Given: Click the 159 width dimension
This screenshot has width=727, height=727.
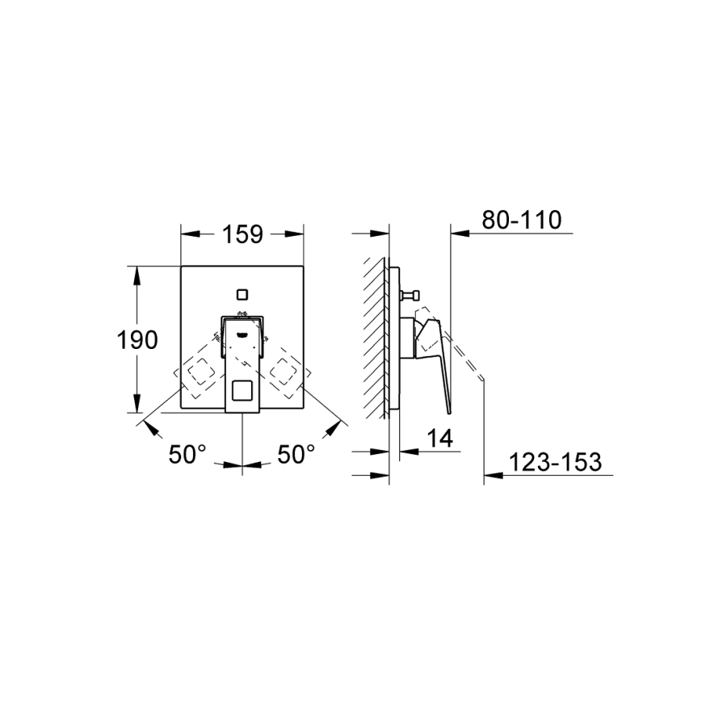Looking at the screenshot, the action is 243,234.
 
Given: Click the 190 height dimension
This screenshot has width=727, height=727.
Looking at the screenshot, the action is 137,340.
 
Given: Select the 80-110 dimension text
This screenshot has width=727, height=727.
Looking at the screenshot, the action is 522,220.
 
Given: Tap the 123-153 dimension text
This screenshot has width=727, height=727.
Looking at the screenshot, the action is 556,462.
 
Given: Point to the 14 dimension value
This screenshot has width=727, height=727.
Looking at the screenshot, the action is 439,438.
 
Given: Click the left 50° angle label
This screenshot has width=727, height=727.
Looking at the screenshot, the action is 187,454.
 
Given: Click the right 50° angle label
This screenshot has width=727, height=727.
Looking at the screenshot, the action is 296,454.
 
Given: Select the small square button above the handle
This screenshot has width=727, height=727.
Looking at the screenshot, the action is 242,294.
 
